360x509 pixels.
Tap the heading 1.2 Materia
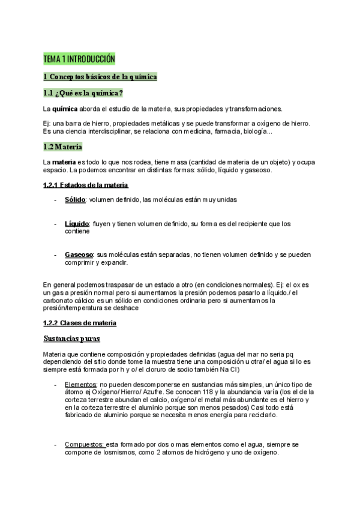tap(63, 147)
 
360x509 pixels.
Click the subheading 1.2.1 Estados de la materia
tap(85, 185)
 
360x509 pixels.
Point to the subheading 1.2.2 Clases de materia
tap(80, 323)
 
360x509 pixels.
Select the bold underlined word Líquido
tap(77, 223)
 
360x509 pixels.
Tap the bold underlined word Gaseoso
tap(79, 255)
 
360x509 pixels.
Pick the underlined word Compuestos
tap(85, 444)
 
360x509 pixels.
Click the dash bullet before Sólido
tap(56, 199)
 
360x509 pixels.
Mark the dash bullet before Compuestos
tap(56, 444)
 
